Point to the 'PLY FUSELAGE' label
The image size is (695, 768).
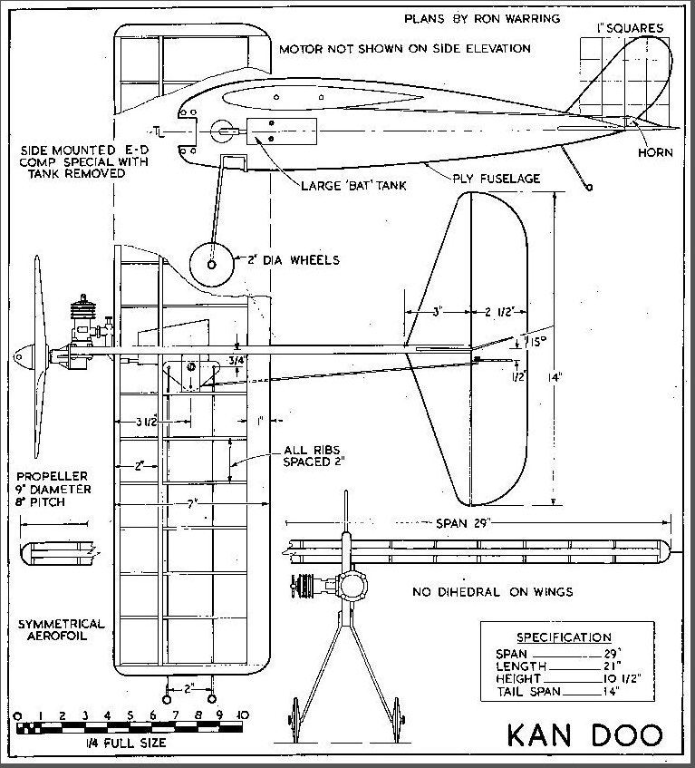(497, 179)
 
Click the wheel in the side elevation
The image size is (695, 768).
(211, 266)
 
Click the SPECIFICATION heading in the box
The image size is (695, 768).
(563, 637)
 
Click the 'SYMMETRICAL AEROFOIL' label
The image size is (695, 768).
(61, 633)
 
